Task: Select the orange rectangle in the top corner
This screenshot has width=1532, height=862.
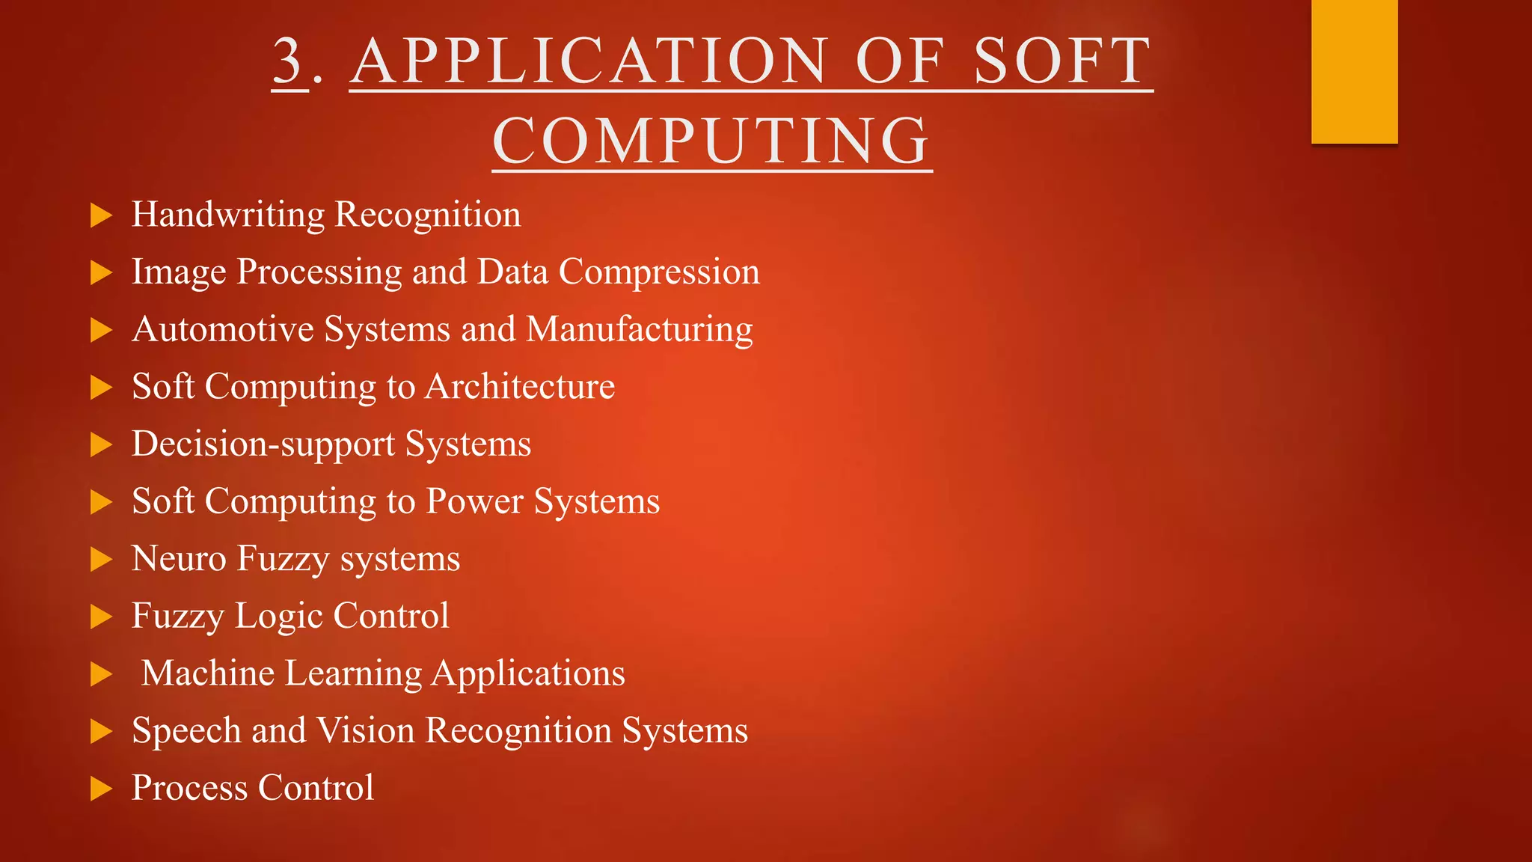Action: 1354,71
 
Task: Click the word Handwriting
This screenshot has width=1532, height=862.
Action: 228,215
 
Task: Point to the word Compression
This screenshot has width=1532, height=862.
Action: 659,272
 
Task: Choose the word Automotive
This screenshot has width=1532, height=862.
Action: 223,330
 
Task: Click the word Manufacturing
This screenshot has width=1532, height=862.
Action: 640,330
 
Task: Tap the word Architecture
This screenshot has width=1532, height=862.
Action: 520,387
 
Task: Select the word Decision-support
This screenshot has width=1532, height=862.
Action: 263,444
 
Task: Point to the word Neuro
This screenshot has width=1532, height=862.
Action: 179,559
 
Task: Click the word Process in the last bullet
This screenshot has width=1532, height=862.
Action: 189,788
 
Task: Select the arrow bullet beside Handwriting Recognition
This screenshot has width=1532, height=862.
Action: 101,215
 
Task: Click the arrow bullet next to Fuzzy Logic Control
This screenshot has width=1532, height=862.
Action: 101,617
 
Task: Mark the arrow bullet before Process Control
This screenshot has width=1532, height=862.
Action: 101,789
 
